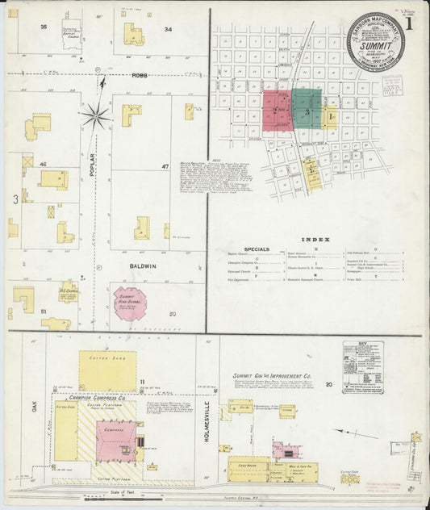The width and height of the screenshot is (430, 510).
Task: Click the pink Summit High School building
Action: click(x=129, y=303)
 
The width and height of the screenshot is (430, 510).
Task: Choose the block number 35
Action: click(x=44, y=27)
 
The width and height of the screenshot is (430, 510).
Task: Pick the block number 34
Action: click(x=168, y=29)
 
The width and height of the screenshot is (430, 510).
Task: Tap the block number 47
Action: click(x=165, y=166)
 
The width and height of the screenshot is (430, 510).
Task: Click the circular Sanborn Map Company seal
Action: click(x=376, y=44)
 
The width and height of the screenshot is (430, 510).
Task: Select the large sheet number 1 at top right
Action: click(x=411, y=23)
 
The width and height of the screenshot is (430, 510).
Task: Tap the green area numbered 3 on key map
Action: click(x=307, y=112)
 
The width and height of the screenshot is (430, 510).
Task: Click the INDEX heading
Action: click(x=310, y=240)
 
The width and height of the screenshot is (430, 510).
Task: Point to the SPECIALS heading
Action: click(x=256, y=249)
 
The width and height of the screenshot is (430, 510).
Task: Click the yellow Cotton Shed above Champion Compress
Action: click(x=107, y=371)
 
